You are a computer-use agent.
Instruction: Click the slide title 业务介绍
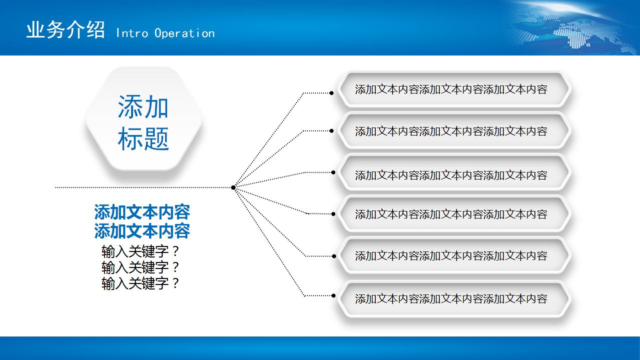tap(66, 30)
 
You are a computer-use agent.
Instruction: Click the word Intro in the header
tap(132, 33)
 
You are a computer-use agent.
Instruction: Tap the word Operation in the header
tap(185, 33)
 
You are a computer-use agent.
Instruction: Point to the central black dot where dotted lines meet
tap(233, 187)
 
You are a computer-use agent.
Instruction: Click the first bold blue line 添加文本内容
tap(142, 212)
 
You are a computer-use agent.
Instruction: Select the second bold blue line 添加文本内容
tap(142, 231)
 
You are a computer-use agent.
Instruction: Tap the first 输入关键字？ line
tap(140, 251)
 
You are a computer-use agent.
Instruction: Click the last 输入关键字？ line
tap(140, 283)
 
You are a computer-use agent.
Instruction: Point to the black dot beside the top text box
tap(331, 92)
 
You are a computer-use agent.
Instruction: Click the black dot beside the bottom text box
tap(333, 295)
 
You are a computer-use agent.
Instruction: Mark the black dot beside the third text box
tap(333, 172)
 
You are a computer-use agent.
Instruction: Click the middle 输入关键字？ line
tap(140, 267)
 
